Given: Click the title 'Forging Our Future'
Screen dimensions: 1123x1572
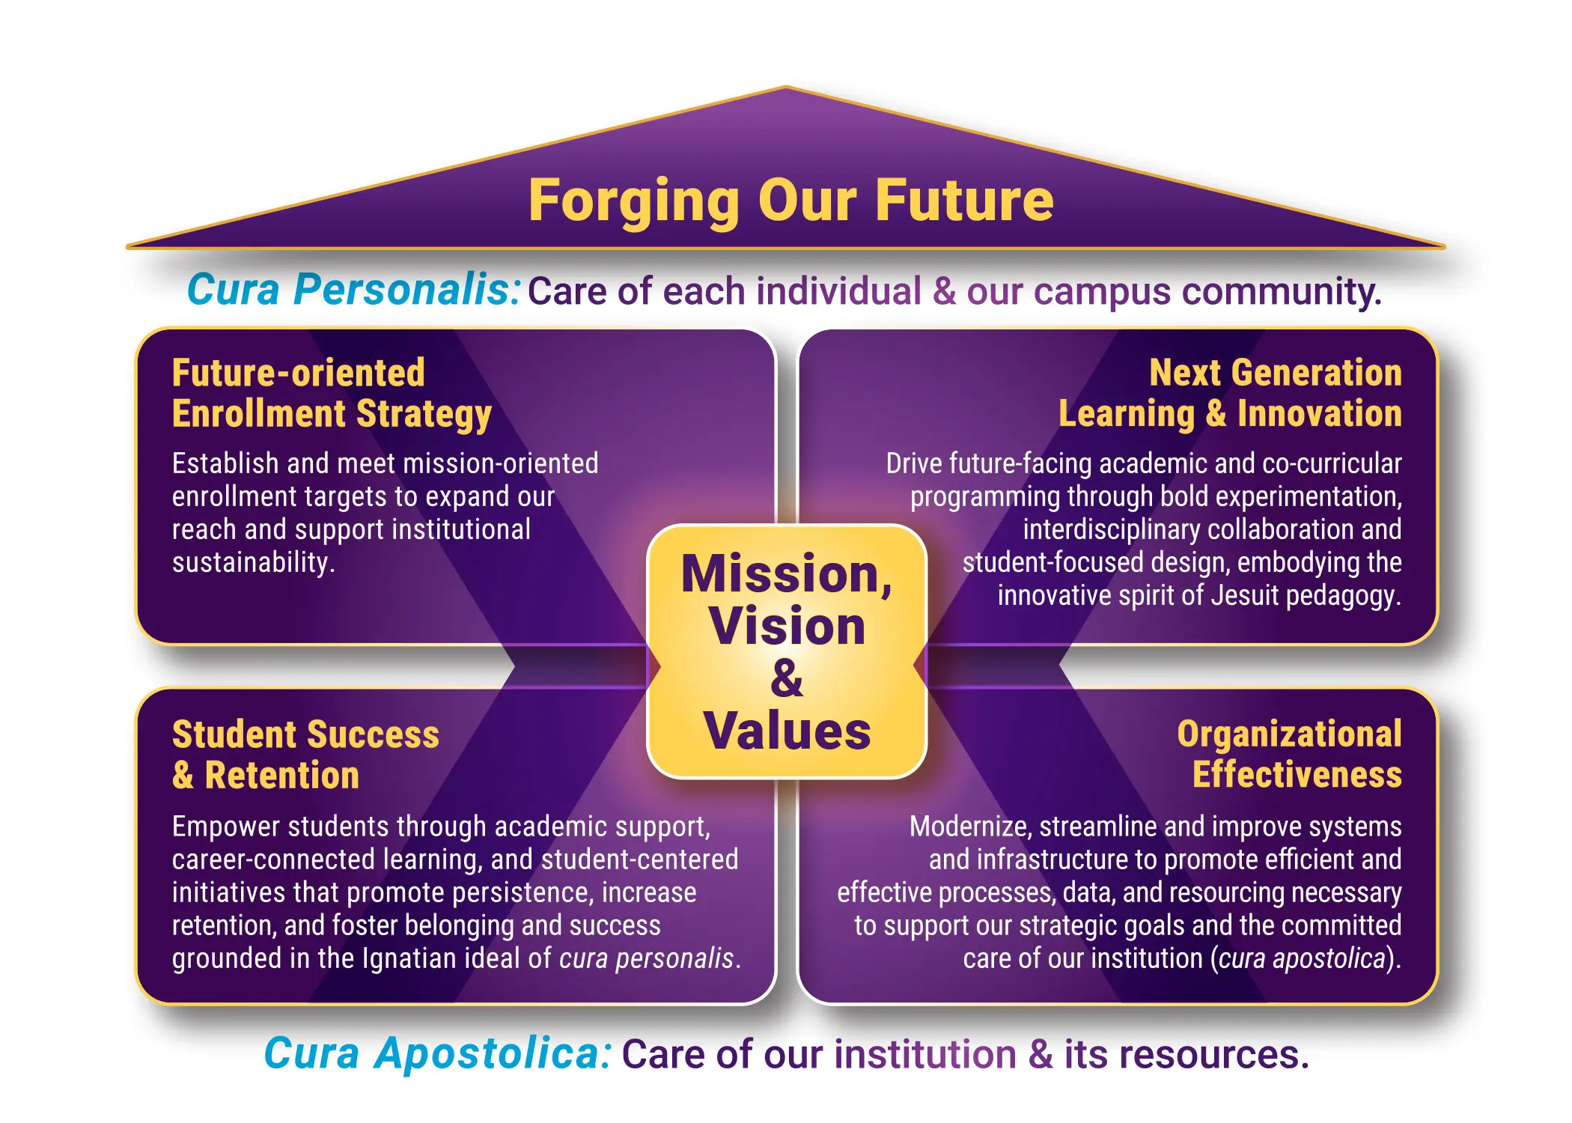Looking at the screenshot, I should coord(790,201).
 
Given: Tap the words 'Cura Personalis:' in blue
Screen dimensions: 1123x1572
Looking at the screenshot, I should coord(353,290).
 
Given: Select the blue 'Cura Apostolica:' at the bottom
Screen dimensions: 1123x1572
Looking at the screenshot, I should coord(438,1054).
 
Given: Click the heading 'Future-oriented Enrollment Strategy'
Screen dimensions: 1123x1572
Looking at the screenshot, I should coord(332,394).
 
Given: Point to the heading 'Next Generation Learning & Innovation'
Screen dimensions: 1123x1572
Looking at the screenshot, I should coord(1230,394).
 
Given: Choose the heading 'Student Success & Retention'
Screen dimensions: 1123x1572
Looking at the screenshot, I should coord(305,755).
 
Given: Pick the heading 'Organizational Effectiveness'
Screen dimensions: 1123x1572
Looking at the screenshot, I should coord(1289,755).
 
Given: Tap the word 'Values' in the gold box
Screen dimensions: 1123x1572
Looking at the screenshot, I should coord(787,731).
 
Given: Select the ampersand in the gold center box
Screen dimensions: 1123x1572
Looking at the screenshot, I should coord(786,678).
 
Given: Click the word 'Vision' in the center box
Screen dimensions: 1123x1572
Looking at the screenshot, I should coord(787,627).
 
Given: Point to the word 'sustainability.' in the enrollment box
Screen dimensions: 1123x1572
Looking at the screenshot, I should coord(253,562).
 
